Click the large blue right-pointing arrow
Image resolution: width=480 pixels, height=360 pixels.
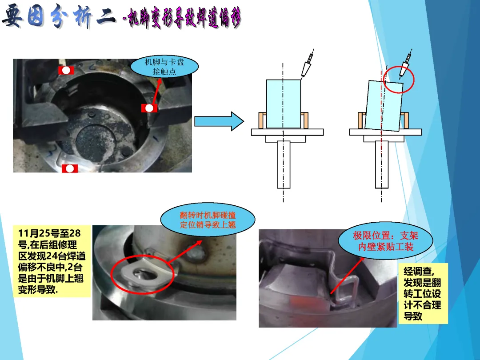tap(219, 121)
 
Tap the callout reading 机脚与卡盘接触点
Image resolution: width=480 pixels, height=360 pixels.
tap(164, 67)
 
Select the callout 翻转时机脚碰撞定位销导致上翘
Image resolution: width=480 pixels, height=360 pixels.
tap(208, 220)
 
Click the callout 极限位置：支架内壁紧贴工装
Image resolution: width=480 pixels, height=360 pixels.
tap(385, 241)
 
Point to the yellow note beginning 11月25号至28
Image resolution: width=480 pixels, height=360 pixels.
tap(52, 262)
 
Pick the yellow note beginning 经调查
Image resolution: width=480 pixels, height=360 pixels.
tap(423, 294)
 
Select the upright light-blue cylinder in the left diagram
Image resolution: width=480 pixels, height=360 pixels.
tap(284, 104)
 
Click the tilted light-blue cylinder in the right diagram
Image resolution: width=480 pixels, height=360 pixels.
tap(384, 106)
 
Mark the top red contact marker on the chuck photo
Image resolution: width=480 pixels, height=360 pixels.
tap(66, 70)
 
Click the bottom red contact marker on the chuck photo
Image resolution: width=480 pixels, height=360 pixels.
tap(70, 168)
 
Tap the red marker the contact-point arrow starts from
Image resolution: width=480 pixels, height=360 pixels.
tap(149, 108)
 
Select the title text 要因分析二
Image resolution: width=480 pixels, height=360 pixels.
tap(59, 16)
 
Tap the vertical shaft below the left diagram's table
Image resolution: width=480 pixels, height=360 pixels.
tap(284, 164)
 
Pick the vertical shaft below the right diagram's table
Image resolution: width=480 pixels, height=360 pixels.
tap(382, 164)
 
